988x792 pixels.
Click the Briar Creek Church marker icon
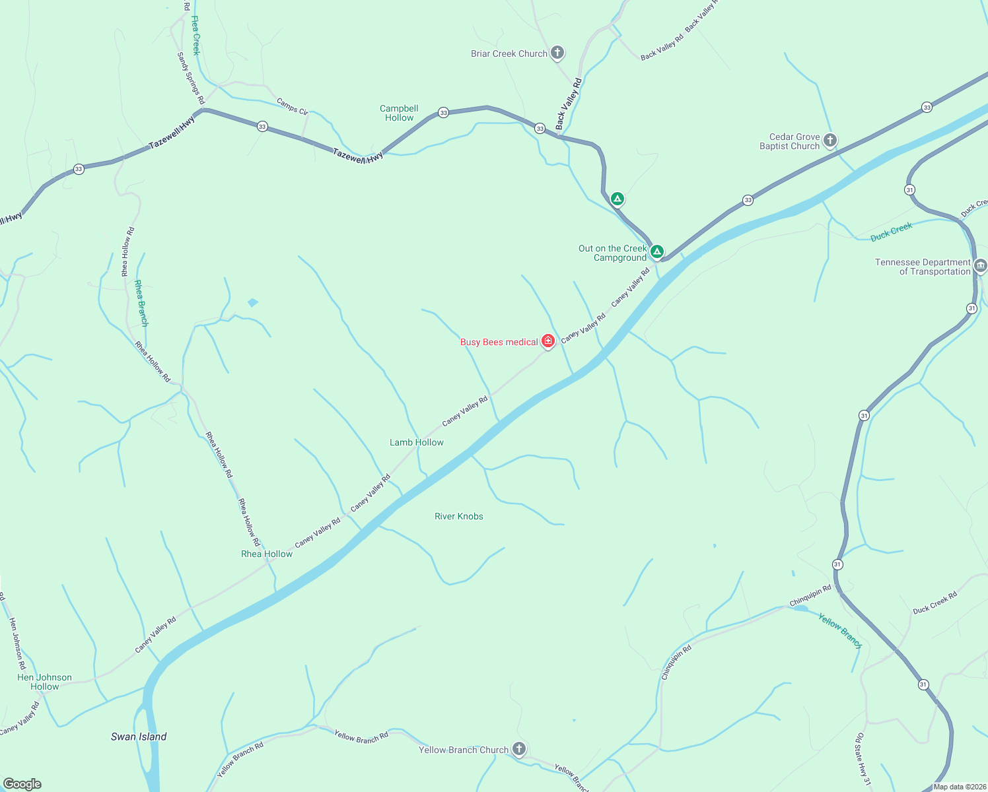point(557,53)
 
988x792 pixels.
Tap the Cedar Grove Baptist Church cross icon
point(830,140)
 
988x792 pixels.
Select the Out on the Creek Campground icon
point(656,251)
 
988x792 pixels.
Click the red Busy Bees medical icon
point(547,341)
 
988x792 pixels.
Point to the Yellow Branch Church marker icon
point(519,748)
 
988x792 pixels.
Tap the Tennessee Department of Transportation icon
point(980,266)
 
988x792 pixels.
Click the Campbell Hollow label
point(399,113)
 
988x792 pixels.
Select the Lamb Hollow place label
point(416,442)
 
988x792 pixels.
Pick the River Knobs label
point(458,516)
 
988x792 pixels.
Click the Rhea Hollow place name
point(266,554)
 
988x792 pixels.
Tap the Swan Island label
point(139,737)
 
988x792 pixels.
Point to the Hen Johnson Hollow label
point(44,682)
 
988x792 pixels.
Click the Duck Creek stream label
point(891,232)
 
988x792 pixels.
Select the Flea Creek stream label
point(195,36)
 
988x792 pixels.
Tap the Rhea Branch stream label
point(141,303)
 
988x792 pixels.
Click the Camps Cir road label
point(292,106)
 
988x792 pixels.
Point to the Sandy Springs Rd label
point(191,79)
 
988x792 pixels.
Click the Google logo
point(22,784)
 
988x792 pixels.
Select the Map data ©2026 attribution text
point(959,787)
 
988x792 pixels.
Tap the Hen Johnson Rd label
point(17,643)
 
